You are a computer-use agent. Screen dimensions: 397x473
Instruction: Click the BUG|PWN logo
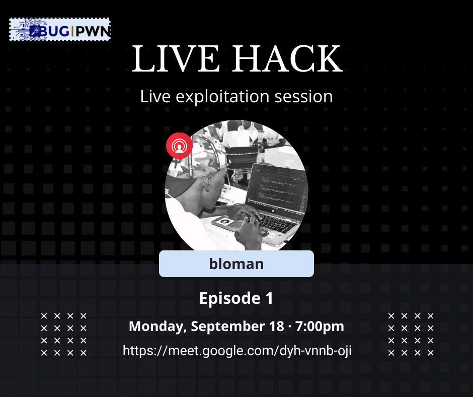point(59,30)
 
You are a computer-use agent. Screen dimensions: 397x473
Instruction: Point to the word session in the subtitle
point(303,96)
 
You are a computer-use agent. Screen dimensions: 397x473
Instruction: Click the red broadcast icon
point(179,146)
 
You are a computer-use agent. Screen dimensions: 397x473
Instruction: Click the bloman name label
point(236,263)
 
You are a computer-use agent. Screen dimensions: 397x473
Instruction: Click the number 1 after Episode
point(269,298)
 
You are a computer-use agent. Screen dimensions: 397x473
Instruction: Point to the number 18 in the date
point(276,326)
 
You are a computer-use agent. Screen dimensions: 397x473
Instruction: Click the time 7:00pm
point(320,326)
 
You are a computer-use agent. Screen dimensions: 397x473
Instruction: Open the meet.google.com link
point(237,351)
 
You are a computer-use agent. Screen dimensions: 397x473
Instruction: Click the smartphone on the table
point(223,222)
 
